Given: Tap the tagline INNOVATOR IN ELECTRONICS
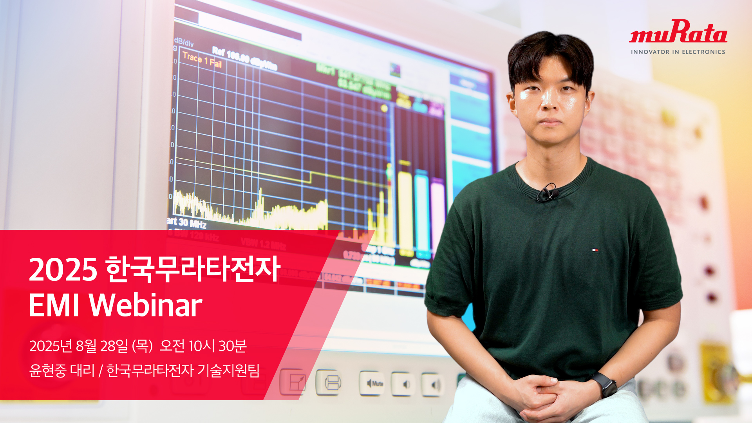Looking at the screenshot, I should point(678,52).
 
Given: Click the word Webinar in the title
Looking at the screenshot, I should point(145,305).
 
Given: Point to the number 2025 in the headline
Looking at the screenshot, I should point(63,270).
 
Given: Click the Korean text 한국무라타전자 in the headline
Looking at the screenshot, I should point(193,269).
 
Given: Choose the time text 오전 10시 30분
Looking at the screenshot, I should point(203,346).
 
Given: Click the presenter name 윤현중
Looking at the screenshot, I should point(48,370).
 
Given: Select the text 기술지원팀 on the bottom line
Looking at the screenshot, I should point(228,370).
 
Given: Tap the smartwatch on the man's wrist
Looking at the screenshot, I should point(604,384).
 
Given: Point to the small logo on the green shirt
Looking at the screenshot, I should point(595,249).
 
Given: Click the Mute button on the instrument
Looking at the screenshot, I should point(372,383).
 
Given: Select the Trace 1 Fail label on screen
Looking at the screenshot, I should point(202,60).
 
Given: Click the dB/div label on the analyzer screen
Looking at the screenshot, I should point(184,42).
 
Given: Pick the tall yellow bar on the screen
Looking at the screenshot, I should point(405,208).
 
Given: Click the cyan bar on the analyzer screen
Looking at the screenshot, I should point(422,211).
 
